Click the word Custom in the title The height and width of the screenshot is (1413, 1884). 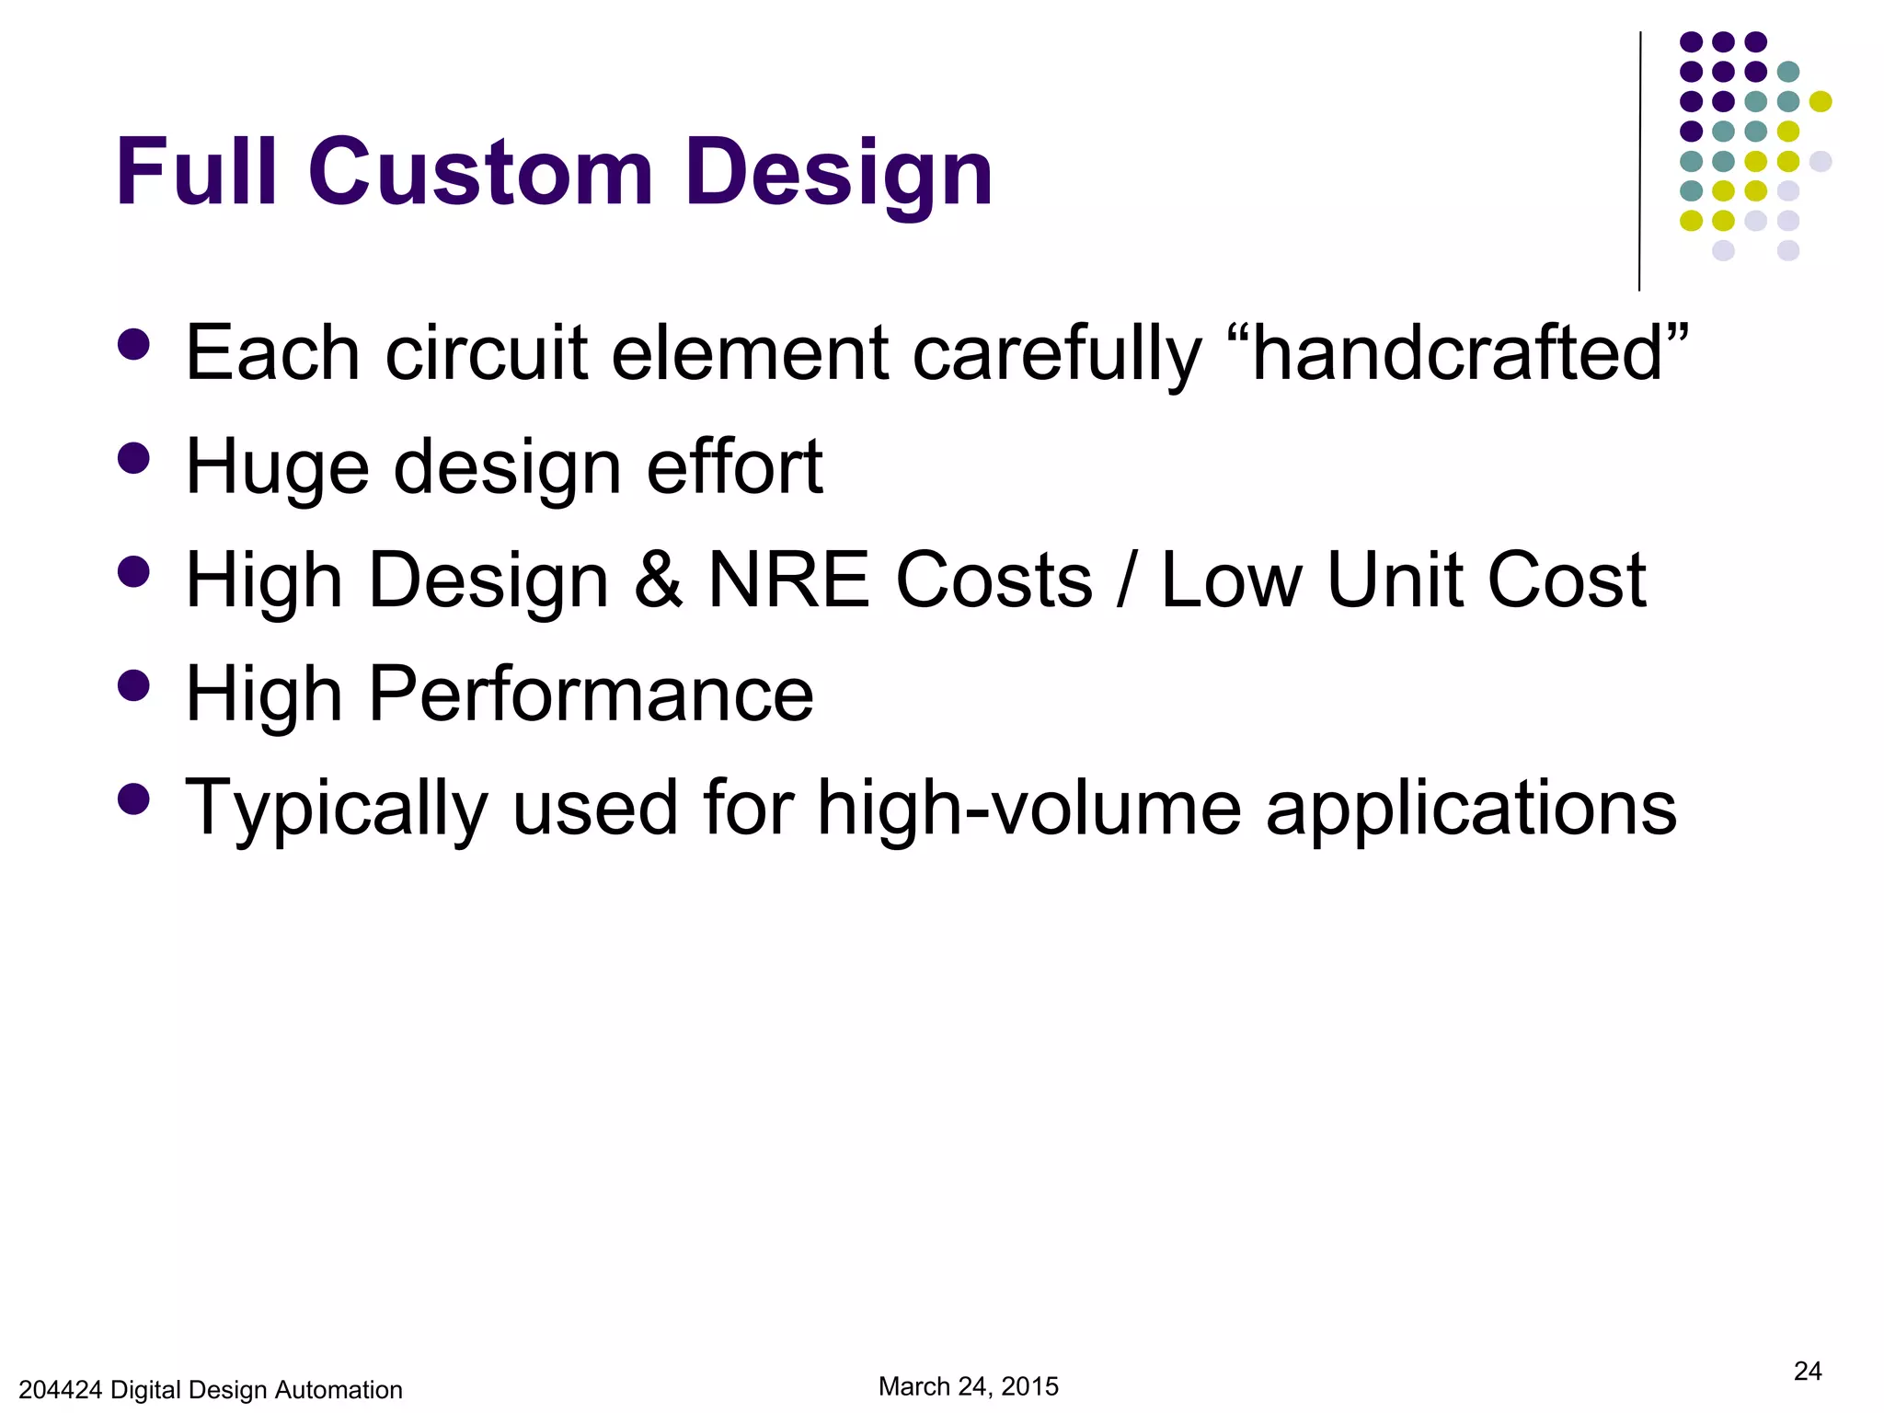pyautogui.click(x=480, y=173)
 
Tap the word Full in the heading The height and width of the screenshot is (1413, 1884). pyautogui.click(x=196, y=173)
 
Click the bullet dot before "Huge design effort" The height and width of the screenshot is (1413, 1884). pyautogui.click(x=134, y=458)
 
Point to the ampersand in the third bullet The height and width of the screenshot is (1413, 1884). pyautogui.click(x=659, y=580)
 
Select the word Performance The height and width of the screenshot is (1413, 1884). pyautogui.click(x=591, y=695)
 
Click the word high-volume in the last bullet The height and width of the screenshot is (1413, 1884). pyautogui.click(x=1029, y=808)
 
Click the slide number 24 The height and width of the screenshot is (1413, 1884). pyautogui.click(x=1807, y=1372)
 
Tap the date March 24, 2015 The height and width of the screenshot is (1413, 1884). pyautogui.click(x=968, y=1386)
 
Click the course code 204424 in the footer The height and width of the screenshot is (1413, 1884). pyautogui.click(x=60, y=1390)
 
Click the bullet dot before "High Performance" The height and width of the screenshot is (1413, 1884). pyautogui.click(x=134, y=685)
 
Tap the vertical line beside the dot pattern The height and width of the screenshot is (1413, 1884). pyautogui.click(x=1639, y=161)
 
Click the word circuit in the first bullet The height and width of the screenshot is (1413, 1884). pyautogui.click(x=486, y=354)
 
